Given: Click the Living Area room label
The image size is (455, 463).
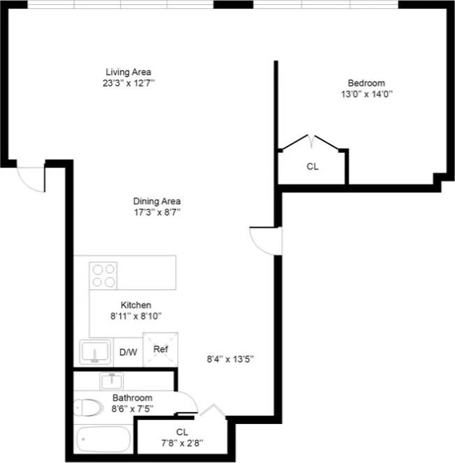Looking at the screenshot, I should coord(128,72).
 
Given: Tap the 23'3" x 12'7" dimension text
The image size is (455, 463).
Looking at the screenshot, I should coord(128,83).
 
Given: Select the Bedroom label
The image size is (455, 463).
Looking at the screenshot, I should coord(366,82).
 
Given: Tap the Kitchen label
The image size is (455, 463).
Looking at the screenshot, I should coord(135,305).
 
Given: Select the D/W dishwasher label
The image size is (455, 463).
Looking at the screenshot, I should coord(127,352).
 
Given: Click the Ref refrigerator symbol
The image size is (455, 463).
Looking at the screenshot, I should coord(161,349).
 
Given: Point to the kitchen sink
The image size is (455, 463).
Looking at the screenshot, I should coord(95,352).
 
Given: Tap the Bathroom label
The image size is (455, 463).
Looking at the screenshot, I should coord(132,398).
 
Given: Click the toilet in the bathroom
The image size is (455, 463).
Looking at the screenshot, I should coord(89,407).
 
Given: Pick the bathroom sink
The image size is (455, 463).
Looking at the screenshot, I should coord(111,381).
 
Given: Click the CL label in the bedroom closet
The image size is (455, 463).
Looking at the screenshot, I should coord(313,167).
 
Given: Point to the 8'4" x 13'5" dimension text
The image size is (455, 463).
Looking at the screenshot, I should coord(230,359).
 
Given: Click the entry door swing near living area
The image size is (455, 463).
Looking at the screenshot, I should coord(31,177).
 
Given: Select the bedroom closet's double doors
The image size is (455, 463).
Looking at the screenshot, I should coord(309,142).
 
